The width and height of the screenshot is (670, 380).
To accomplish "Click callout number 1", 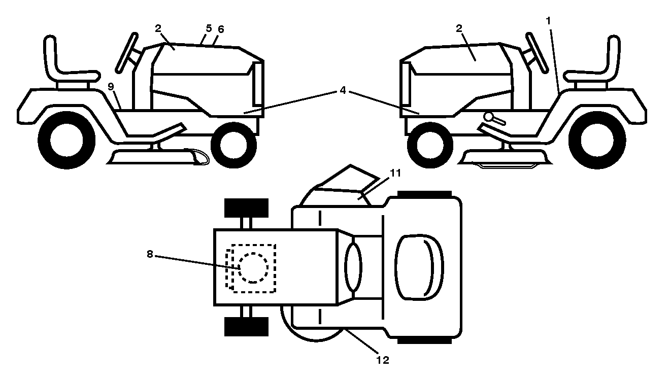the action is (548, 21).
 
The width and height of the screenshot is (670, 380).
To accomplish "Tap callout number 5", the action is (209, 28).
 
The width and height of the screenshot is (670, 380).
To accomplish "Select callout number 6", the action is (221, 29).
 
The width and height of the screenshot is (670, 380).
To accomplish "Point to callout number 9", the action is (111, 87).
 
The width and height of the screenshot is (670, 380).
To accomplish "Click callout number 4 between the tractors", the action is (343, 90).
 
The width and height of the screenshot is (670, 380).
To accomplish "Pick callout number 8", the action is (150, 254).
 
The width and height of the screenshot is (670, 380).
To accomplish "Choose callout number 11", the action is (395, 173).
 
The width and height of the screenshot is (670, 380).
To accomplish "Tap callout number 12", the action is (383, 360).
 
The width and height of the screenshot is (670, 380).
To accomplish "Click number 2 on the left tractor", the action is (158, 28).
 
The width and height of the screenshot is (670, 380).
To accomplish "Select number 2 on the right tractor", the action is (459, 28).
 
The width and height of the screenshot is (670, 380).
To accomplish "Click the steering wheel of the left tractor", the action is (126, 53).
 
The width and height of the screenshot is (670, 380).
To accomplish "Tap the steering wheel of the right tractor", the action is (538, 53).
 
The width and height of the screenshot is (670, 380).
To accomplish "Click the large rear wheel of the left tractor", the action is (66, 140).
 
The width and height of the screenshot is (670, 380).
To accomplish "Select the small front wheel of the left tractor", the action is (234, 145).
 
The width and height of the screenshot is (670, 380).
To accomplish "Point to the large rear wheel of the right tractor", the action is (597, 140).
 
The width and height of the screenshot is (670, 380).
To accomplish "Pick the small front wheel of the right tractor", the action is (430, 145).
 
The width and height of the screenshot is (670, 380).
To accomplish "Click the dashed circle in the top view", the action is (253, 267).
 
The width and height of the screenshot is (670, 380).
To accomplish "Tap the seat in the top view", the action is (419, 267).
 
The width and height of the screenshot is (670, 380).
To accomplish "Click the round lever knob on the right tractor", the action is (489, 117).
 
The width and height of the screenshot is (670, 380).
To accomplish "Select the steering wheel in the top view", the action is (353, 267).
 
